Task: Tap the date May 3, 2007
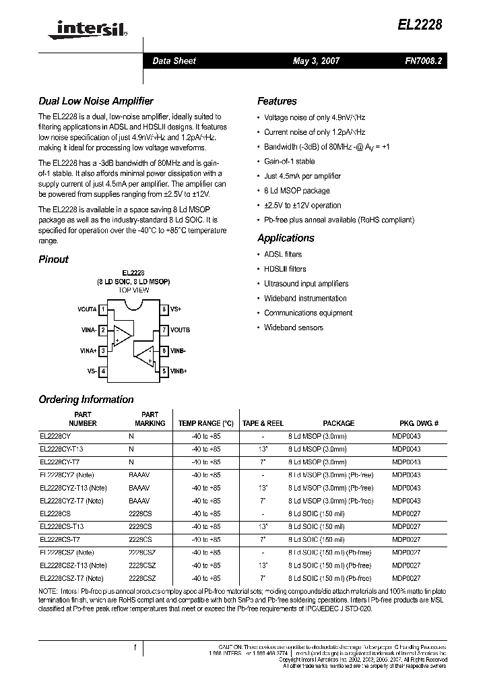(316, 61)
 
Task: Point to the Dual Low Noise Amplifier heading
(96, 101)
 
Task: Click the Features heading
(277, 101)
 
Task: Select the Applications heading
(286, 238)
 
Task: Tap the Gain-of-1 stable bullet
(289, 162)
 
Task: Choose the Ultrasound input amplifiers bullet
(306, 284)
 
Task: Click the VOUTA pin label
(87, 309)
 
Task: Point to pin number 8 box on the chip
(164, 309)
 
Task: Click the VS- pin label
(92, 371)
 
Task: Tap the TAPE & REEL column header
(263, 423)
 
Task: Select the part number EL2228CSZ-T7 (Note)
(71, 578)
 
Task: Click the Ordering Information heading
(86, 400)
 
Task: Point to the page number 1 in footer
(135, 648)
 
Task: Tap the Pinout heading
(53, 259)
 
